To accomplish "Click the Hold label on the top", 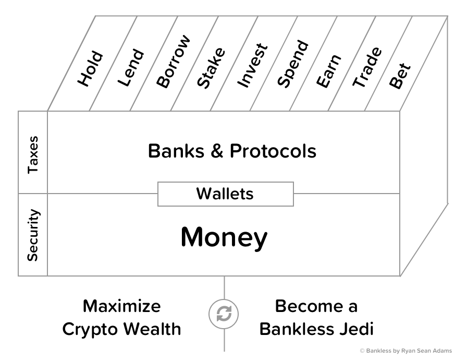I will point(90,68).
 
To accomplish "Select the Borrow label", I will point(174,62).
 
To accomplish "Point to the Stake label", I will point(211,67).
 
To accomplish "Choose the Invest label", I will point(252,65).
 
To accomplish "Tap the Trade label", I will point(367,67).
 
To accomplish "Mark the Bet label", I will point(400,76).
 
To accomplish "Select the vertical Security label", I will point(33,235).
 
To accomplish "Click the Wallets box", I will point(225,194).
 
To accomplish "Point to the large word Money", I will point(224,237).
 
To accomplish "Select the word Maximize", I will point(122,306).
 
